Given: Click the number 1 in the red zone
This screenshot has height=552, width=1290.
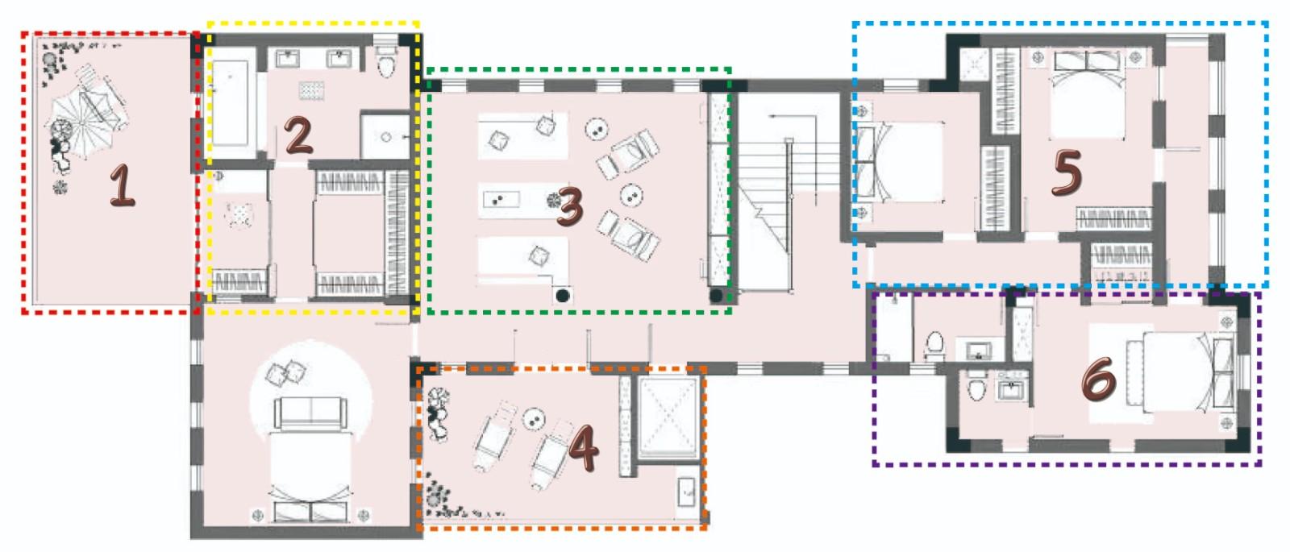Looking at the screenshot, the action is [x=123, y=185].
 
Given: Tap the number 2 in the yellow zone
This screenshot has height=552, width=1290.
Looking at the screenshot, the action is [x=298, y=135].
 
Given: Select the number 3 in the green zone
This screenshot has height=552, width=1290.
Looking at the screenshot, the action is [x=569, y=206].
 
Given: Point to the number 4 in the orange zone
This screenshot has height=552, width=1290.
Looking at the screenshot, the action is [x=583, y=450].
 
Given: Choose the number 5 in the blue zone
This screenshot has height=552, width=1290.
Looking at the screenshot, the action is [x=1067, y=172].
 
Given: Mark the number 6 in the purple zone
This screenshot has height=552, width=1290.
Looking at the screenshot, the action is [x=1099, y=380].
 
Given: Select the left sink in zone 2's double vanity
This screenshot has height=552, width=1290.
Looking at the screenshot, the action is [x=287, y=59].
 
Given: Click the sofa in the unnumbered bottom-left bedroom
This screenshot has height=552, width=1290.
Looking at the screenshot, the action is [x=311, y=413].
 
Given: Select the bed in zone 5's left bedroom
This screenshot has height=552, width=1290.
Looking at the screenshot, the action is [x=898, y=162].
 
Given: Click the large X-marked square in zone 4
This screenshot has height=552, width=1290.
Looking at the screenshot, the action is [x=668, y=417].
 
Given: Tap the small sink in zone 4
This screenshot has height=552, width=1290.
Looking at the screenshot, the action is [x=686, y=492].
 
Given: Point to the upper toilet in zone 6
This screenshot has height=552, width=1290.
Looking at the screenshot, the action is [x=934, y=343].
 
